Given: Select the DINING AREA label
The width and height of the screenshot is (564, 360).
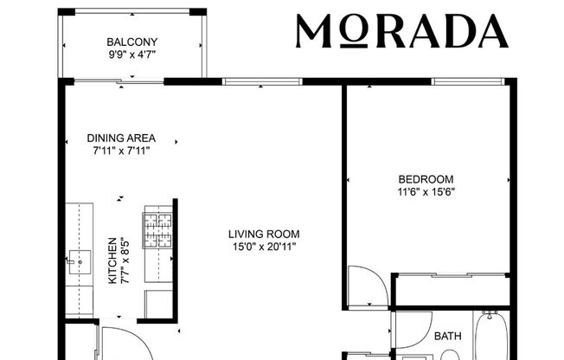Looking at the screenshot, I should click(x=121, y=138).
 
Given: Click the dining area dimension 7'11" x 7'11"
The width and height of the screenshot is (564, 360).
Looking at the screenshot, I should click(x=121, y=151).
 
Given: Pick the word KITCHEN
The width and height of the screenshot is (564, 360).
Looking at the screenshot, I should click(x=112, y=261).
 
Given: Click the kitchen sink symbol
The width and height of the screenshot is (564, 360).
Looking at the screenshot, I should click(x=78, y=258).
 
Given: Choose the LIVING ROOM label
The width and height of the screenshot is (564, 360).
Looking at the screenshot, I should click(x=264, y=234).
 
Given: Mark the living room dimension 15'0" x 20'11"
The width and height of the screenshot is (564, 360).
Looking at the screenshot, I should click(x=264, y=247).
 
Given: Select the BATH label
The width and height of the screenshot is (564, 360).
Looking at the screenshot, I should click(x=448, y=336).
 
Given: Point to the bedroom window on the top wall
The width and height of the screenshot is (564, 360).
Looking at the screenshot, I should click(x=467, y=82).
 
